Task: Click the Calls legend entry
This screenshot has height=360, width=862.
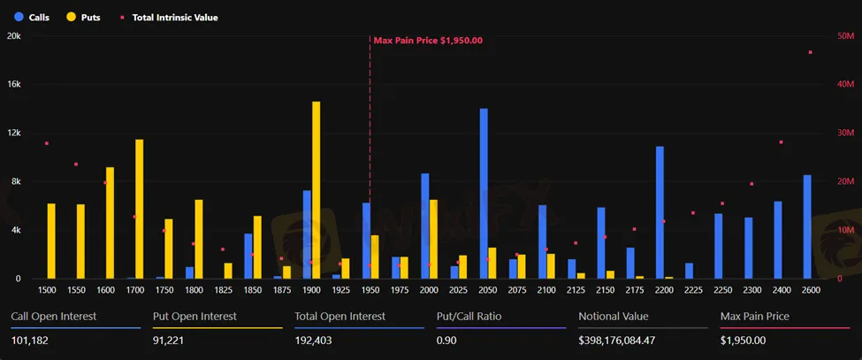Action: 32,17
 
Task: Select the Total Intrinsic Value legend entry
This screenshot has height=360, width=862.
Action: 168,17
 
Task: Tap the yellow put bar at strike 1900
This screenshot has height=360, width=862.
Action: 316,190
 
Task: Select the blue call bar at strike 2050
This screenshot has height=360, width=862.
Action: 484,194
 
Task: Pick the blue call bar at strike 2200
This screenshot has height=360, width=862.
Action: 660,212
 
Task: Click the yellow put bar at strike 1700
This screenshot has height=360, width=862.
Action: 139,209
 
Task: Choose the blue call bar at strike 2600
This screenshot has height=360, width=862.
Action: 807,226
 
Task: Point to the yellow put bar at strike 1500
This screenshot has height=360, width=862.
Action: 51,241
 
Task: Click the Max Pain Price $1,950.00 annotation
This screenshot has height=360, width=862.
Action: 428,41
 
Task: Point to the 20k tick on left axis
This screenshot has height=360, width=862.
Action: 14,36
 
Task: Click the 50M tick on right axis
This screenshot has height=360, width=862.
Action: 844,36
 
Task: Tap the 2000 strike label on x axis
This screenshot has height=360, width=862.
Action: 429,289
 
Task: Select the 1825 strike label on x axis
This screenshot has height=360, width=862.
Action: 223,289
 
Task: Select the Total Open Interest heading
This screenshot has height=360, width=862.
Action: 339,316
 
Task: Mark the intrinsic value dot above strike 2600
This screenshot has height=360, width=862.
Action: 811,52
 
